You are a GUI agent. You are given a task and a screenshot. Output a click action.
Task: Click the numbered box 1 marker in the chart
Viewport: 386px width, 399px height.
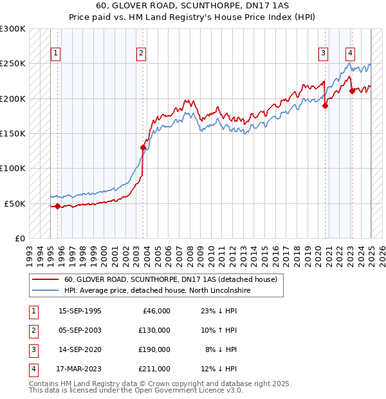(56, 53)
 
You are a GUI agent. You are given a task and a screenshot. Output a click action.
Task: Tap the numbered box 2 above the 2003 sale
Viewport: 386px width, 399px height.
(141, 53)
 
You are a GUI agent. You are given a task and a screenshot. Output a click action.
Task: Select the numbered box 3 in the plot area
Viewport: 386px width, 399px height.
(323, 53)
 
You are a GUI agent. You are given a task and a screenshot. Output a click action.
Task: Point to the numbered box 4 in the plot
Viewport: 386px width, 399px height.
(350, 53)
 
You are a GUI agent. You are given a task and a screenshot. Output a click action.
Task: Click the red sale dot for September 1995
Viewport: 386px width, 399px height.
(57, 207)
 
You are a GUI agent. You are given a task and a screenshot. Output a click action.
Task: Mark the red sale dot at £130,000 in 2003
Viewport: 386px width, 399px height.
(143, 147)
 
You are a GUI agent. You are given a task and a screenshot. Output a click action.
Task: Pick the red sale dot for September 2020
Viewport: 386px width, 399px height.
(326, 106)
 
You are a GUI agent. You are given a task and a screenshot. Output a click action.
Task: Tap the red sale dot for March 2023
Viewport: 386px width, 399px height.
(352, 91)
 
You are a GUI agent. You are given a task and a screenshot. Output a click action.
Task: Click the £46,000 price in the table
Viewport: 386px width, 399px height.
(155, 311)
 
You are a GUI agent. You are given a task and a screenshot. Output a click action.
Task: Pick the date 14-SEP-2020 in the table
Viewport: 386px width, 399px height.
(80, 349)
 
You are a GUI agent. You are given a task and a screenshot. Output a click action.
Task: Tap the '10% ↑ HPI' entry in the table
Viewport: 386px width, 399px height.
(221, 330)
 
